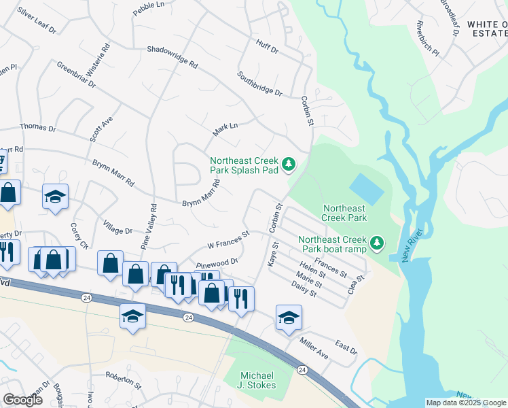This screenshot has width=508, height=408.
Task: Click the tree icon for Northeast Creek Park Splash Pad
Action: (289, 163)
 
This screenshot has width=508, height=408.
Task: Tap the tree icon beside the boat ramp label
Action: (376, 242)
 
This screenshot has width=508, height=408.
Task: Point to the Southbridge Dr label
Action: (259, 83)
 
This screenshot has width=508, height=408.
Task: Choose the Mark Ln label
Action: (225, 129)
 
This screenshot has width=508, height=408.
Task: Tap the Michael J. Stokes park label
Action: (257, 381)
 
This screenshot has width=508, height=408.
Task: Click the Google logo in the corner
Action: (22, 400)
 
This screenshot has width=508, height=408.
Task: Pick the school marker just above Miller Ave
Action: (289, 318)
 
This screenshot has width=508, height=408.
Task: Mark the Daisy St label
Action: (304, 290)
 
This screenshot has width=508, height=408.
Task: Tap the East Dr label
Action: (346, 348)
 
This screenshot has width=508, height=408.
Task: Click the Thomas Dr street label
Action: (37, 128)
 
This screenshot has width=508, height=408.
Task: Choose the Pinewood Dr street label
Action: (217, 263)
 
